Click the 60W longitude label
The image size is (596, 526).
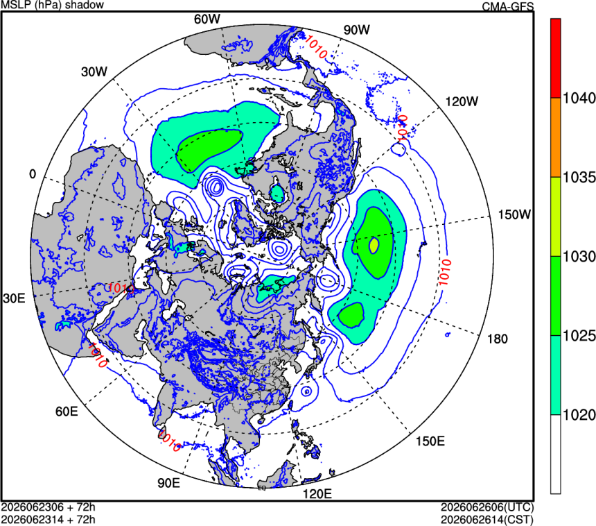[x=207, y=19]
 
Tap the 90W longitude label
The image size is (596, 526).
[x=356, y=30]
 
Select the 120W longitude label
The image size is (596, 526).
[x=462, y=101]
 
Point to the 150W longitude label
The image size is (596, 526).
[x=514, y=214]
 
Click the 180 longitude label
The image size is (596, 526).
[x=497, y=339]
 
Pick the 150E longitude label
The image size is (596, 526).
[x=430, y=441]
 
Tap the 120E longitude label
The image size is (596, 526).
[x=317, y=494]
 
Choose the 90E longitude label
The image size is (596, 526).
[x=169, y=482]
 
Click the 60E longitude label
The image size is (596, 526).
[x=67, y=411]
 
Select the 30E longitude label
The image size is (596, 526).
[x=14, y=298]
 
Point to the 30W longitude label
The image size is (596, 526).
[x=94, y=71]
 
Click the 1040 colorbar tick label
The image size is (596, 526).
[x=579, y=99]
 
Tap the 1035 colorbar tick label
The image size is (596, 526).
[x=579, y=178]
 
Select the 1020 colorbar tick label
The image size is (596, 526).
[x=579, y=415]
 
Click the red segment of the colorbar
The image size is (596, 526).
[x=555, y=58]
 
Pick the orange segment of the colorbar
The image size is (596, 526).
[x=555, y=137]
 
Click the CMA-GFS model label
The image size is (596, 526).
[x=508, y=6]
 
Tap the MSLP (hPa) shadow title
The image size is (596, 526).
[x=53, y=5]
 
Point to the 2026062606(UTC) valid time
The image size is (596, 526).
[x=487, y=507]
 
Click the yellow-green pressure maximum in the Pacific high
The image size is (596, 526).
[x=374, y=246]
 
